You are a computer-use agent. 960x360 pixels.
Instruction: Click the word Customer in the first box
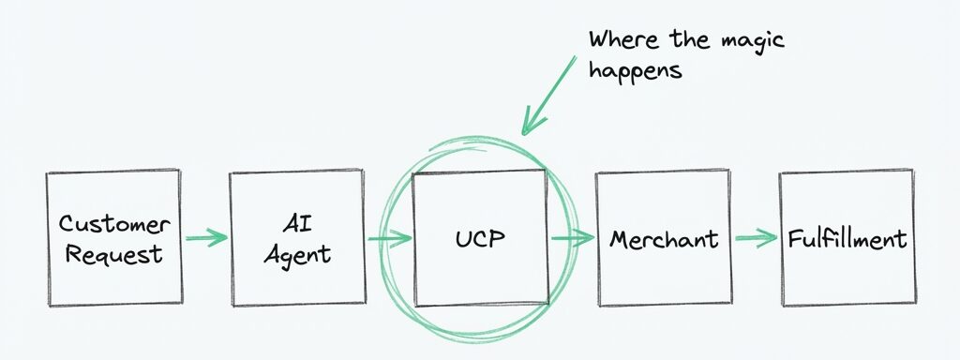pos(114,224)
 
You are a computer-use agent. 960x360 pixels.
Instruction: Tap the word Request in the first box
pos(114,253)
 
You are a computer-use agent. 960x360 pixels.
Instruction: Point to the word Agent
pos(296,254)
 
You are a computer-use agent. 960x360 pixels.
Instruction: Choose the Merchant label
pos(664,239)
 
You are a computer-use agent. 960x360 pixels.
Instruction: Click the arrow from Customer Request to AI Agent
pos(205,238)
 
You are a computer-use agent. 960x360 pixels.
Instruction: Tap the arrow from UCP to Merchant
pos(572,238)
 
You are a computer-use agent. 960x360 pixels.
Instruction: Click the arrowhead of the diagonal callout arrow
pos(531,122)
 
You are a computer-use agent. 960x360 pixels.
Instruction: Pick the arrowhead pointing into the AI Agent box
pos(220,238)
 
